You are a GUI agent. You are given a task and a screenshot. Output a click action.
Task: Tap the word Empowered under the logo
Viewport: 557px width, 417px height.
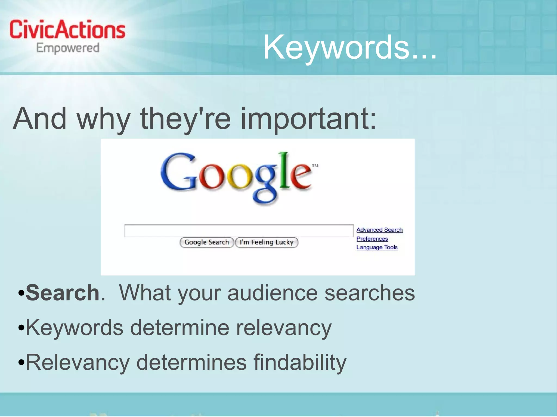coord(68,48)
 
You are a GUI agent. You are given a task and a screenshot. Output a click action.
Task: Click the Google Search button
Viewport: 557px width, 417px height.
coord(207,242)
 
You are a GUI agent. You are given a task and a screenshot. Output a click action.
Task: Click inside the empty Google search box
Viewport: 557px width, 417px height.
coord(239,231)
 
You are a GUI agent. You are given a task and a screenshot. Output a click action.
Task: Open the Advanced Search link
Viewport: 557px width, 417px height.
coord(379,230)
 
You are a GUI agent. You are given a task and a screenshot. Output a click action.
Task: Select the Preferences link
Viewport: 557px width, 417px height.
coord(372,239)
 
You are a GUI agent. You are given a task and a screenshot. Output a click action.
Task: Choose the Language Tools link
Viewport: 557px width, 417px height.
coord(377,247)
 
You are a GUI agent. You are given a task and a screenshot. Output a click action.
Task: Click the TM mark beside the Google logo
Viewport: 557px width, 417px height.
coord(315,165)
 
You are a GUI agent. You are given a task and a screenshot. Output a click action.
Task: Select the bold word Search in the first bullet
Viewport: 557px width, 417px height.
coord(63,293)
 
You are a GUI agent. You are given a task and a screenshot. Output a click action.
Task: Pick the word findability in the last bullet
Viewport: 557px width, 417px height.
coord(300,362)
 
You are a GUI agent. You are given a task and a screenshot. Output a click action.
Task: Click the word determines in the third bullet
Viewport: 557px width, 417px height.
coord(191,362)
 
